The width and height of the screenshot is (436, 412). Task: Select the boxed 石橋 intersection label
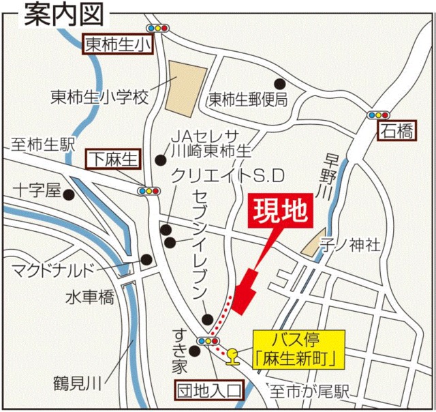tap(396, 131)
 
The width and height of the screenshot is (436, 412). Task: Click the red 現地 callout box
tap(282, 213)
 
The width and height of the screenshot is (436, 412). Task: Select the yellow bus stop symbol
tap(232, 354)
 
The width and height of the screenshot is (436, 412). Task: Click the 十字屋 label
tap(38, 190)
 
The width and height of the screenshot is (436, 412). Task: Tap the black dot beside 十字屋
tap(69, 194)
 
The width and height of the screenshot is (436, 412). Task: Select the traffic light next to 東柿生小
tap(157, 29)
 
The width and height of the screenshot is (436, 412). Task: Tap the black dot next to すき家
tap(195, 351)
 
